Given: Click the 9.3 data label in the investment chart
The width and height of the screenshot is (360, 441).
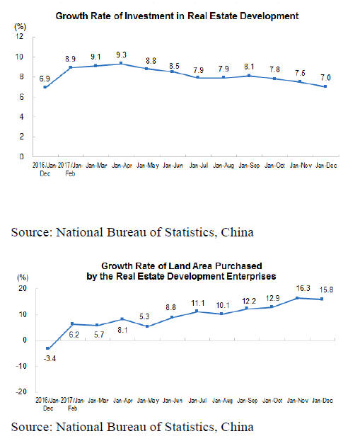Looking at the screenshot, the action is click(122, 55).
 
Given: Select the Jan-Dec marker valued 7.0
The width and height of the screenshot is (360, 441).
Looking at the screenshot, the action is click(325, 86).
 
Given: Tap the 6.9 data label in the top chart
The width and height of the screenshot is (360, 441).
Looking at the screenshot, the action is click(45, 79).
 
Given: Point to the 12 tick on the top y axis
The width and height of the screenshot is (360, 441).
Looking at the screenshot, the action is click(19, 36).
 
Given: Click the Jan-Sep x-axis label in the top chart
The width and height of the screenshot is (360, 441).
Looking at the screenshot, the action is click(249, 166).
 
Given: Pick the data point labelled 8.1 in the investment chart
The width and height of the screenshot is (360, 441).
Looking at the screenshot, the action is click(249, 76).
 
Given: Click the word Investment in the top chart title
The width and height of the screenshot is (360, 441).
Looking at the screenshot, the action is click(149, 16).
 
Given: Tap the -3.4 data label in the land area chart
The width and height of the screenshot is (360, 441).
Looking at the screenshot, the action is click(50, 358).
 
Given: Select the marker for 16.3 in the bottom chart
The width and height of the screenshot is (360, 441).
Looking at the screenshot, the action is click(297, 298).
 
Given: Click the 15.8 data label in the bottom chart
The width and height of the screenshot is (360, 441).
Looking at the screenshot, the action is click(326, 290).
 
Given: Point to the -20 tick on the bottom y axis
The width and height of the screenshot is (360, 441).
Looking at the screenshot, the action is click(21, 391).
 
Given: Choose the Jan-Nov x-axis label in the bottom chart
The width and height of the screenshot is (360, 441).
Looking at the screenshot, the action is click(298, 400).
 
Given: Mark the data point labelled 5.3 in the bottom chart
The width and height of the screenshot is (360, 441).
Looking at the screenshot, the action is click(147, 326).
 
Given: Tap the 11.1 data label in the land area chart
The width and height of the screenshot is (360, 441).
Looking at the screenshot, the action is click(198, 303).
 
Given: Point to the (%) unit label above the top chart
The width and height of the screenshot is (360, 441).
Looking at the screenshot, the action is click(21, 27).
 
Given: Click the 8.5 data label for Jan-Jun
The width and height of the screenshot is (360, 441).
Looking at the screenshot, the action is click(174, 66).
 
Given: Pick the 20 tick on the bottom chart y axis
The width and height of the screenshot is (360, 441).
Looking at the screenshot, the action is click(23, 288).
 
